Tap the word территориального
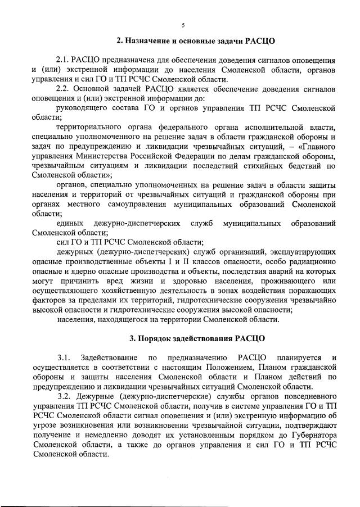(x=91, y=128)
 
